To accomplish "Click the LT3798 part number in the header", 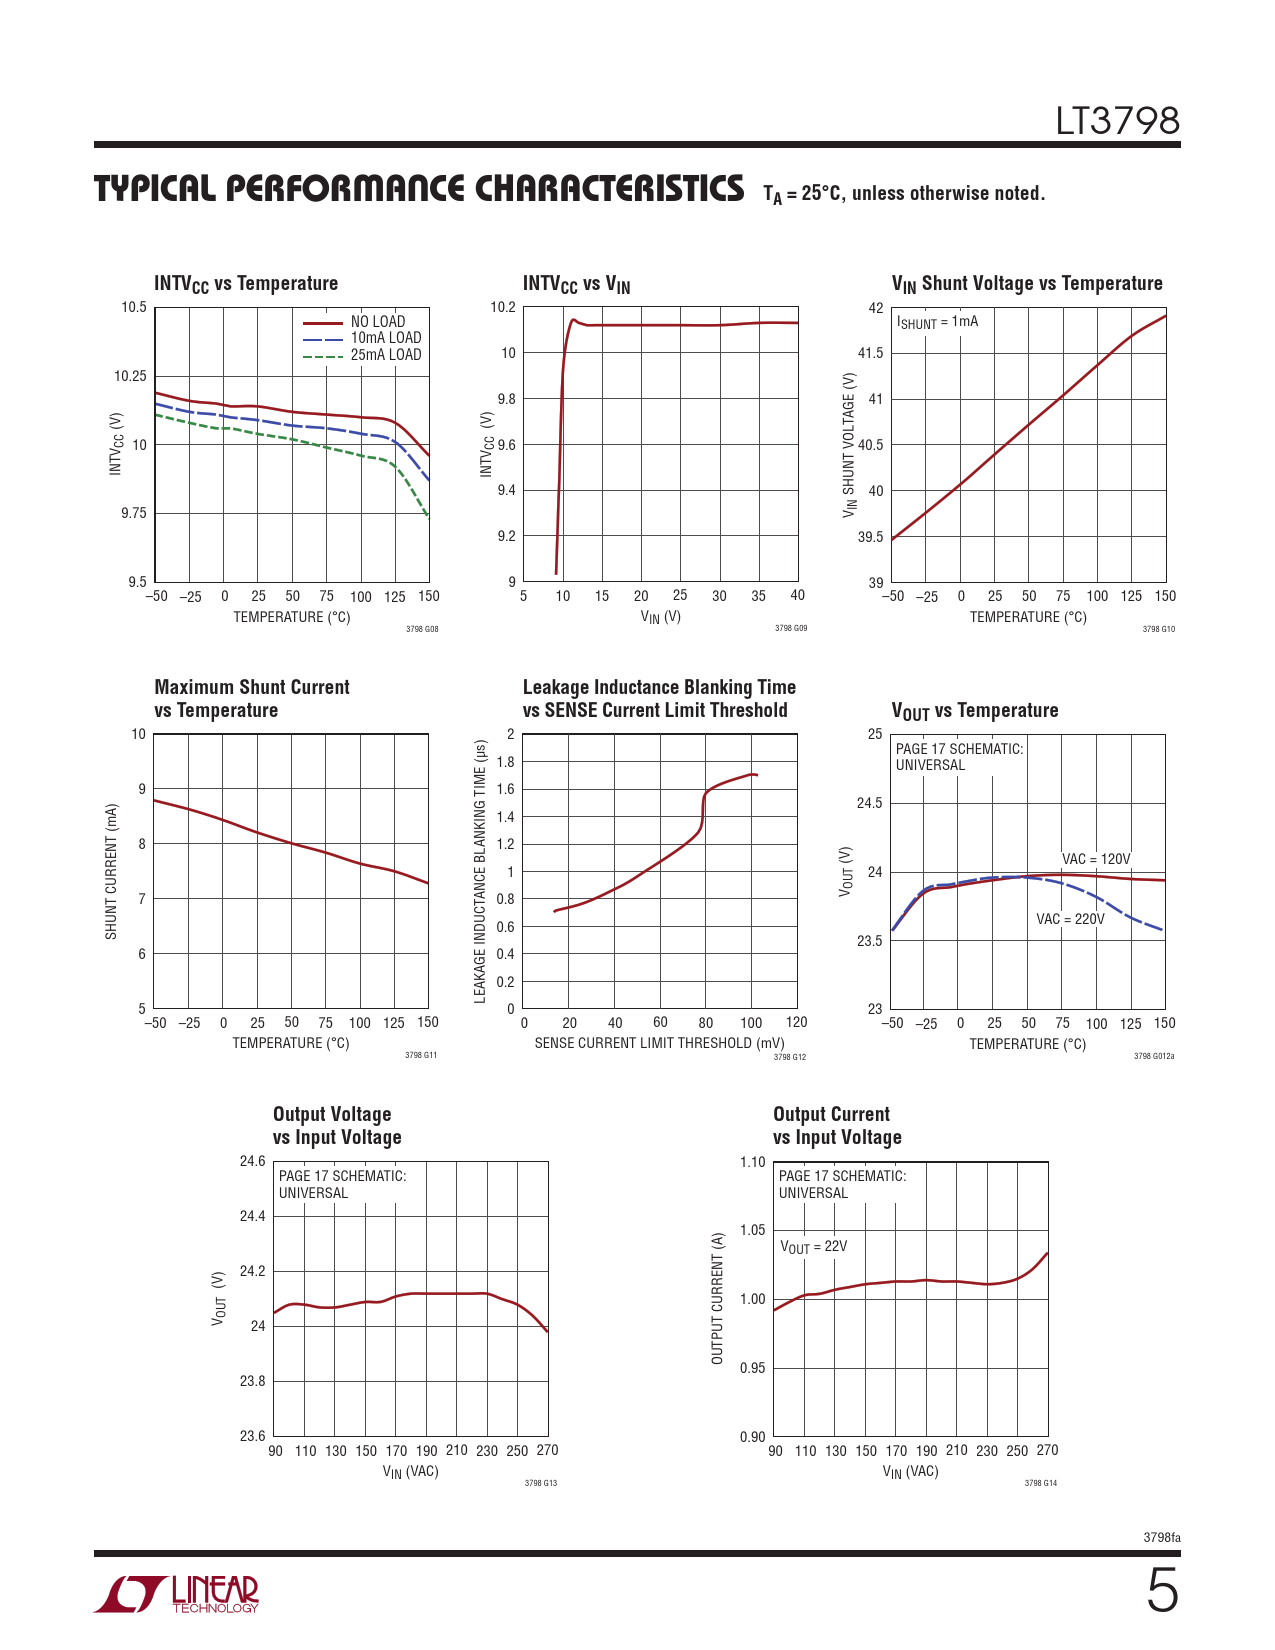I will pos(1117,121).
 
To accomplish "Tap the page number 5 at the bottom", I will pos(1162,1591).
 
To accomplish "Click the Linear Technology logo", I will pos(176,1594).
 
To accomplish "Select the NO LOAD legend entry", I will pos(377,322).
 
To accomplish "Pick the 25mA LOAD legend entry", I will pos(385,355).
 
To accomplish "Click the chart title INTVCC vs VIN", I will pos(576,284).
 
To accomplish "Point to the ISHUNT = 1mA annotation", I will pos(937,322).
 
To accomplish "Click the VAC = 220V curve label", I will pos(1070,919).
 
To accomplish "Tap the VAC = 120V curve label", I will pos(1096,859).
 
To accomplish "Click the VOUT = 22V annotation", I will pos(813,1247).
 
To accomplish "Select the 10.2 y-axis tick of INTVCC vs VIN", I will pos(504,307).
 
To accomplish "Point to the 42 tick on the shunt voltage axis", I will pos(876,308).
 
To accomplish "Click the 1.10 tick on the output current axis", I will pos(752,1162).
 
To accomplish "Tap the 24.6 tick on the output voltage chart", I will pos(252,1161).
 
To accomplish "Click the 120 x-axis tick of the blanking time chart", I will pos(796,1022).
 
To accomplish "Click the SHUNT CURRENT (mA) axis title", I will pos(111,872).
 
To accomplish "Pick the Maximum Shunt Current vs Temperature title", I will pos(251,698).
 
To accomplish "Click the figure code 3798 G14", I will pos(1040,1483).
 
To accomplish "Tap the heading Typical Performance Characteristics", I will pos(419,189).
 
